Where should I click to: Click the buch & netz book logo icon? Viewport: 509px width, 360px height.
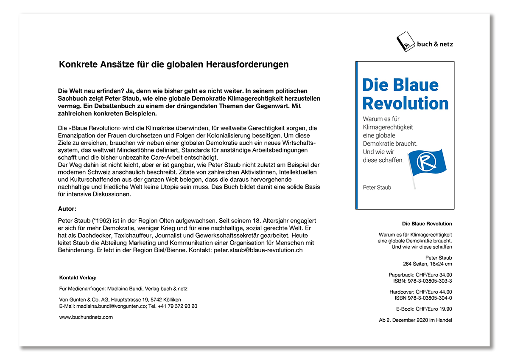point(406,42)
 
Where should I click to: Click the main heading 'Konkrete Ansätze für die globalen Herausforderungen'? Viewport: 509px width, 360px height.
point(174,65)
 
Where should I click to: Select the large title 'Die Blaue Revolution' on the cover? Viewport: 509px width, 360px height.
point(405,94)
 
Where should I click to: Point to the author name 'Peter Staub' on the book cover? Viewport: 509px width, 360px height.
point(377,187)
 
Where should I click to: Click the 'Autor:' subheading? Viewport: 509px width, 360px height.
point(67,209)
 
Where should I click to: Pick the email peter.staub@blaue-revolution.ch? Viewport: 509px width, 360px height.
point(258,250)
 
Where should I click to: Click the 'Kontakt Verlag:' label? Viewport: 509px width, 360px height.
point(78,278)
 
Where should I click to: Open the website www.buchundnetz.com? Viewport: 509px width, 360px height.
point(86,317)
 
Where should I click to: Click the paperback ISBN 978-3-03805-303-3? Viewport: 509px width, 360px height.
point(428,281)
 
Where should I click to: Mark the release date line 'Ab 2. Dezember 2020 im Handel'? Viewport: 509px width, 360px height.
point(415,320)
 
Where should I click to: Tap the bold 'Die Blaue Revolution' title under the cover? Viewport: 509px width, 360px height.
point(427,224)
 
